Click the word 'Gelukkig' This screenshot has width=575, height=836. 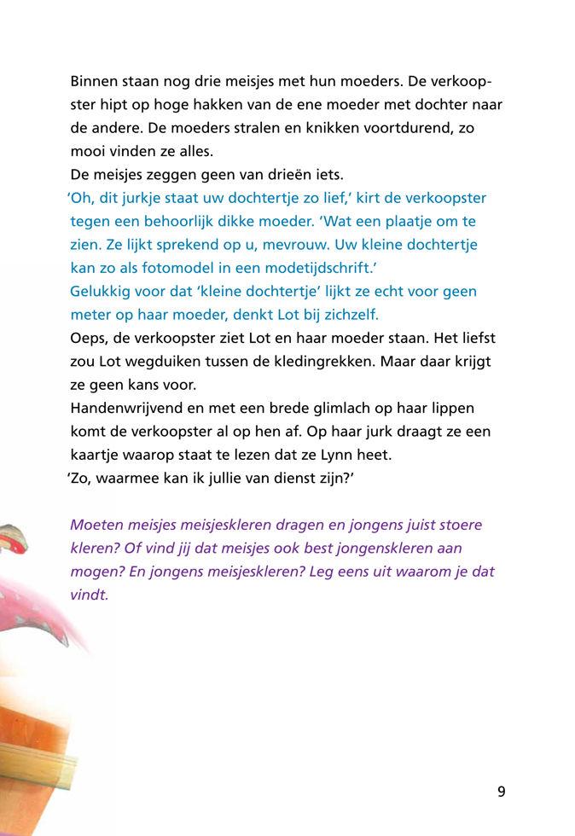102,291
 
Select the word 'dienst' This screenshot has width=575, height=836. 289,479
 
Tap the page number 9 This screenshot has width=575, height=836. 502,792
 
